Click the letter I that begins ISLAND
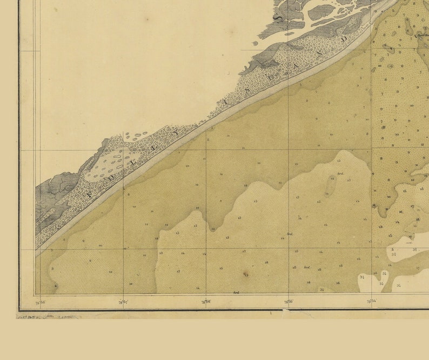(223, 101)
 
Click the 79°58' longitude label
(40, 302)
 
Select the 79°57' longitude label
(123, 302)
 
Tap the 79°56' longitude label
(206, 302)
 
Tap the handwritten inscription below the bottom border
(49, 316)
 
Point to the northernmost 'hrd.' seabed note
(340, 174)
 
